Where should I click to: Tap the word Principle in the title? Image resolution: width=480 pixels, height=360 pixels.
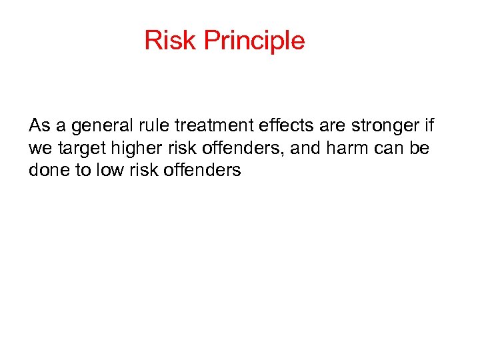pyautogui.click(x=254, y=41)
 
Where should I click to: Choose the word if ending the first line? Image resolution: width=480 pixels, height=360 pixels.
pyautogui.click(x=427, y=125)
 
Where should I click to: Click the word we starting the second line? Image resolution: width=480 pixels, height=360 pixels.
pyautogui.click(x=39, y=148)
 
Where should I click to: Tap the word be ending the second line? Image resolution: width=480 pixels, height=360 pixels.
pyautogui.click(x=421, y=147)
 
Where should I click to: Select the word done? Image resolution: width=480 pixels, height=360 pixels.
pyautogui.click(x=46, y=170)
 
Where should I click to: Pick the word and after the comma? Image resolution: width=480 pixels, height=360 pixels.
pyautogui.click(x=306, y=147)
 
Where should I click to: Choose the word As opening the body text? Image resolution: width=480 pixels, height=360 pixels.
pyautogui.click(x=38, y=125)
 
